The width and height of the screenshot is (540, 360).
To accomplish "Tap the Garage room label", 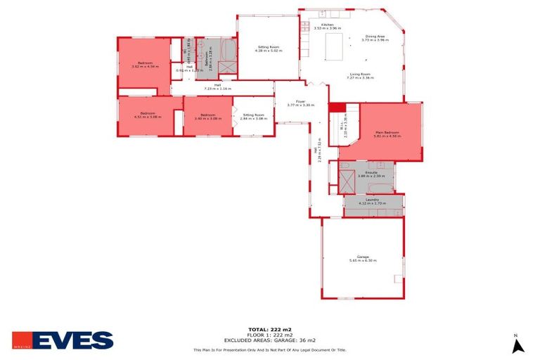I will tap(363, 259).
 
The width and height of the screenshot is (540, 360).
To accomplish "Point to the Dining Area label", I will tap(375, 38).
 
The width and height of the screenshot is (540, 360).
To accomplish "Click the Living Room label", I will tap(360, 76).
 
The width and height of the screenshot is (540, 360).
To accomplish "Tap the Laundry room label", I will tap(373, 201).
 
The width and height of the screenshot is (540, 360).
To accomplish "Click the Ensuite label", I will tap(371, 173).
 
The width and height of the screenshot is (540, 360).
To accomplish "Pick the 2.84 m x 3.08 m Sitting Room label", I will tap(254, 117).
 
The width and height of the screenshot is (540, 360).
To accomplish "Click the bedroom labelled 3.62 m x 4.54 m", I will tap(145, 65).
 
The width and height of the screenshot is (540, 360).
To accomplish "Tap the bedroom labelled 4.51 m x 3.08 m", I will tap(147, 115).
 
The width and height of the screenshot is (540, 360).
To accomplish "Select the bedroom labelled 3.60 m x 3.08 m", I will tap(207, 117).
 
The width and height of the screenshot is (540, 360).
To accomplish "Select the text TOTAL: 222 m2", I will tap(269, 329).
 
